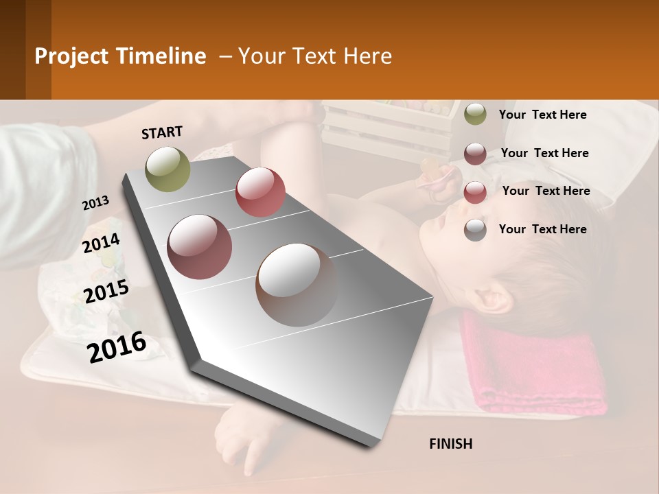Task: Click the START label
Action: (162, 132)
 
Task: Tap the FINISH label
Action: (450, 444)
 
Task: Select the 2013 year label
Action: (95, 203)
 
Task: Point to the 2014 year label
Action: (101, 244)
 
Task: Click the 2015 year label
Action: (106, 292)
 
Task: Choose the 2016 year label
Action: (117, 347)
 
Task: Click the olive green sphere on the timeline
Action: (167, 169)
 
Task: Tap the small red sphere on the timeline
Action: (260, 192)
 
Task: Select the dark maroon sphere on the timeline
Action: (200, 246)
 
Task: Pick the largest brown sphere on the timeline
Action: (297, 284)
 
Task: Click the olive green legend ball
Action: (475, 114)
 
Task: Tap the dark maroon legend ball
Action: (475, 153)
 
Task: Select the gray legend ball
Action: (475, 230)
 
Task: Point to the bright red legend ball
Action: (475, 191)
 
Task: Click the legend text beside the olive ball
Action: (542, 115)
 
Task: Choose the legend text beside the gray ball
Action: (542, 229)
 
